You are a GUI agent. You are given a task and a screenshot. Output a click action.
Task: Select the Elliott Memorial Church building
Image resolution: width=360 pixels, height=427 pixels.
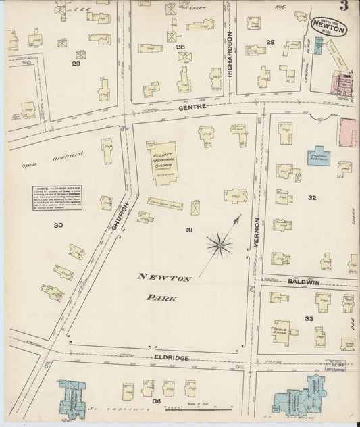coord(163,164)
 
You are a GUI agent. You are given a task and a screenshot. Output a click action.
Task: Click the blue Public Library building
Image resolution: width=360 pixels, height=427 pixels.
coord(319,157)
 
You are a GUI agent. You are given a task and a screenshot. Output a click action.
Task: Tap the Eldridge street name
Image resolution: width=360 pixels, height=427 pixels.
coord(169,357)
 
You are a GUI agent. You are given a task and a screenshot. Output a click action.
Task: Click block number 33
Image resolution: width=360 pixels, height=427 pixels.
coord(309,318)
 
